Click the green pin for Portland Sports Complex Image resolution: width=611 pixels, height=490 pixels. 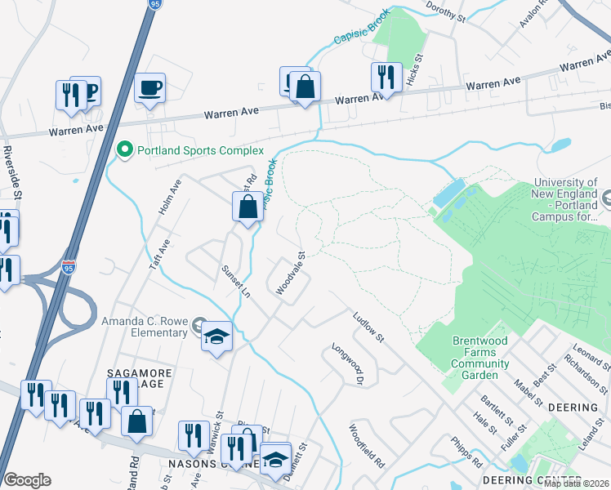pyautogui.click(x=125, y=150)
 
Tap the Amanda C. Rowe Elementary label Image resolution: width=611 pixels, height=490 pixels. pyautogui.click(x=145, y=327)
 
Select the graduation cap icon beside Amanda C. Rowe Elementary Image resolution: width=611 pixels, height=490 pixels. pyautogui.click(x=216, y=337)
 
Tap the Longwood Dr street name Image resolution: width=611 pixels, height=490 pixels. pyautogui.click(x=349, y=363)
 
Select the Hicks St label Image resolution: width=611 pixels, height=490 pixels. pyautogui.click(x=417, y=72)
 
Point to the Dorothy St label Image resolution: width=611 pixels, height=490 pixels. pyautogui.click(x=445, y=15)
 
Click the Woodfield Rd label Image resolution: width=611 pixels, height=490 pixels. pyautogui.click(x=368, y=445)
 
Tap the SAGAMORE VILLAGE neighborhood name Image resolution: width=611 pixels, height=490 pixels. pyautogui.click(x=140, y=379)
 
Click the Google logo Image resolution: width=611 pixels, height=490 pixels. pyautogui.click(x=28, y=480)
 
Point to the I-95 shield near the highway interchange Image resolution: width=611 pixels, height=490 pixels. pyautogui.click(x=69, y=267)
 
